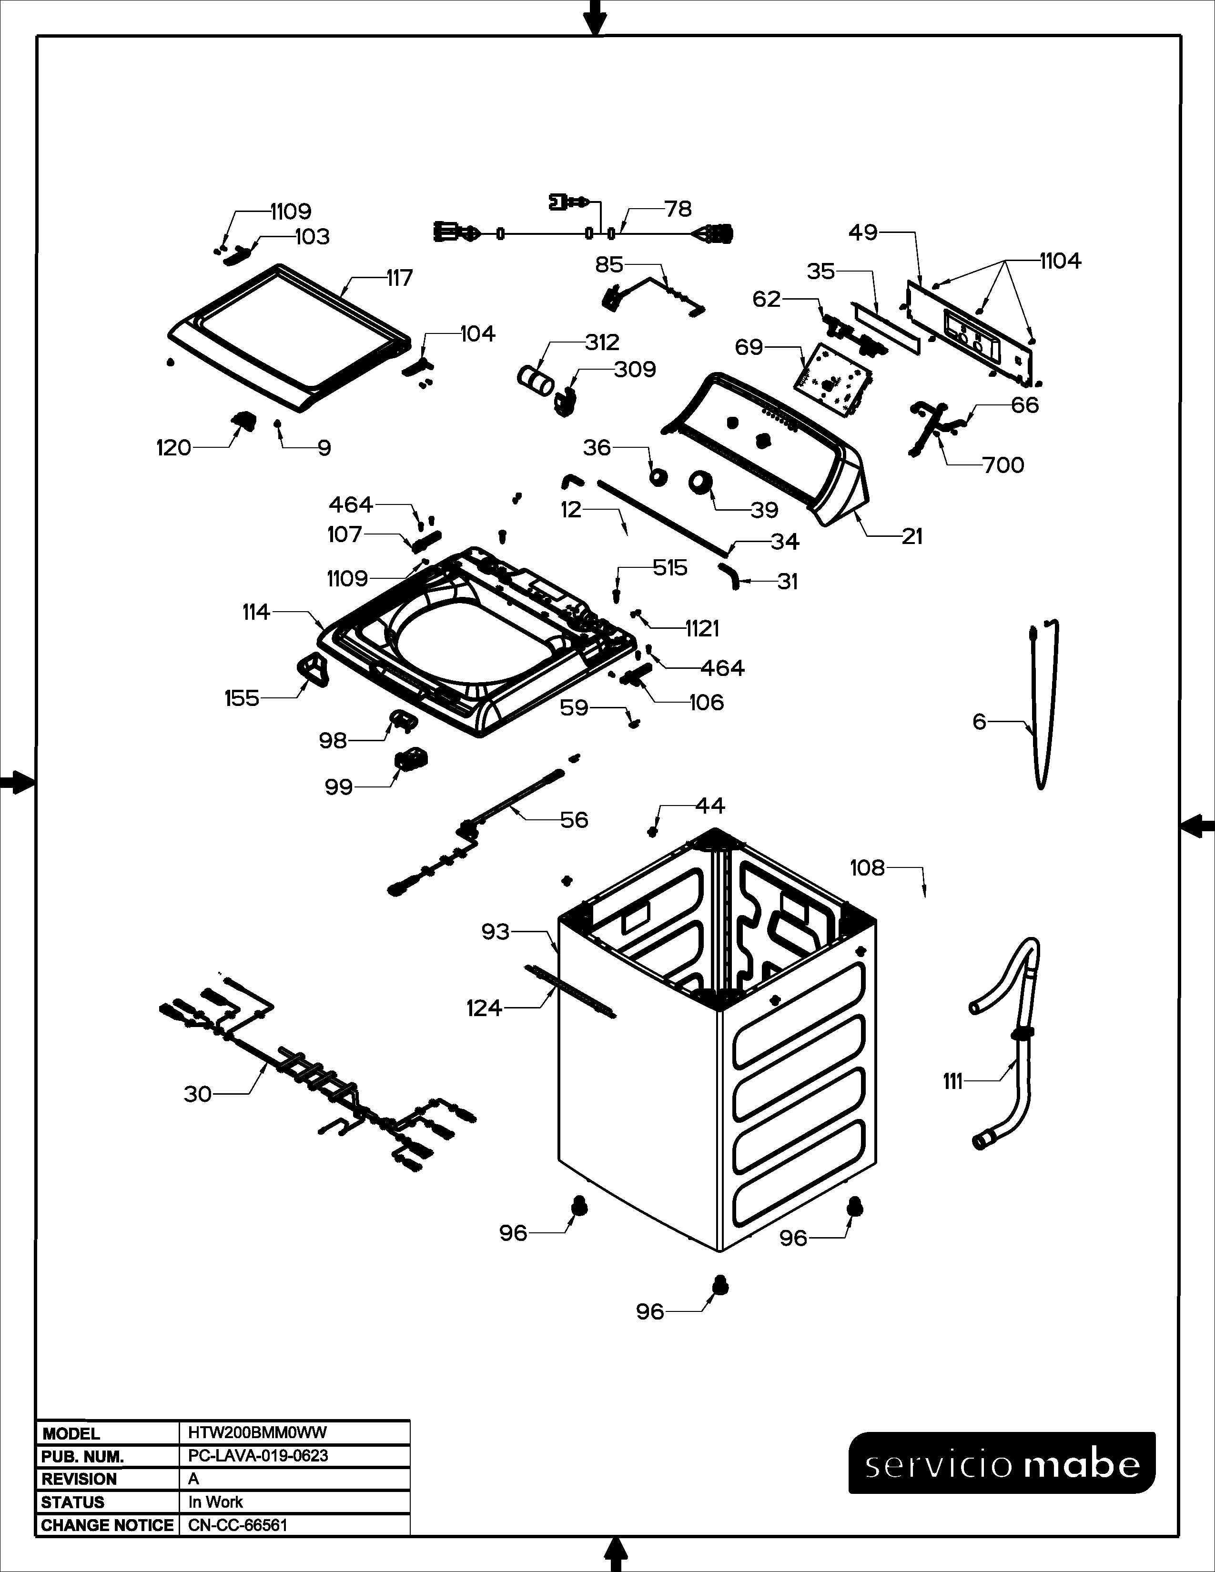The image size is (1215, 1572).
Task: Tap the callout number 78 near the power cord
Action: click(x=678, y=210)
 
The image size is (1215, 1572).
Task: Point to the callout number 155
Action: click(x=242, y=698)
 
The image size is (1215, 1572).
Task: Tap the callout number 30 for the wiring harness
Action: click(x=198, y=1094)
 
